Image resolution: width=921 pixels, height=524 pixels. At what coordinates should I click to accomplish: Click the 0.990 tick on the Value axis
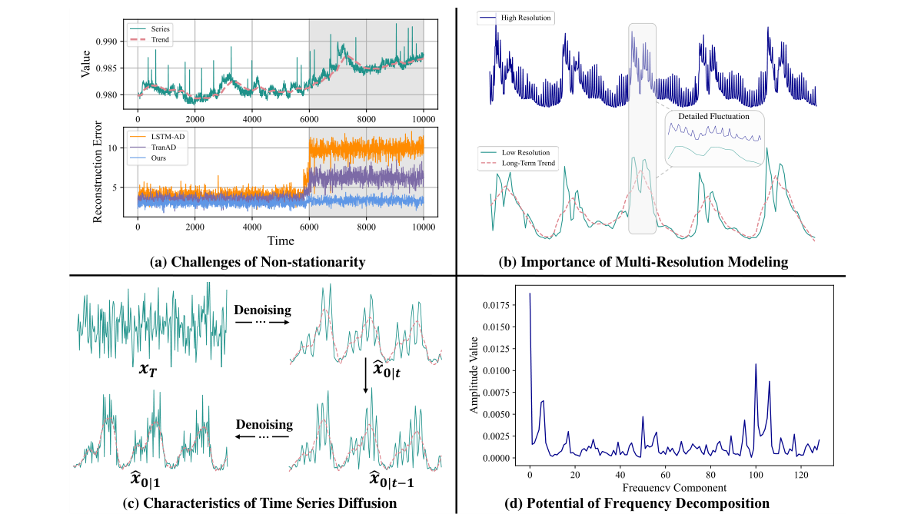(116, 41)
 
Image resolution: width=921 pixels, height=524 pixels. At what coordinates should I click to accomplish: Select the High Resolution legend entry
(524, 17)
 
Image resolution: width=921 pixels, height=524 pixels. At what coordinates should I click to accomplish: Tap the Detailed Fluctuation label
(714, 117)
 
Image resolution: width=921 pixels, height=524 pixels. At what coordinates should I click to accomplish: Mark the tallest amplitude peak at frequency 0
(530, 294)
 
